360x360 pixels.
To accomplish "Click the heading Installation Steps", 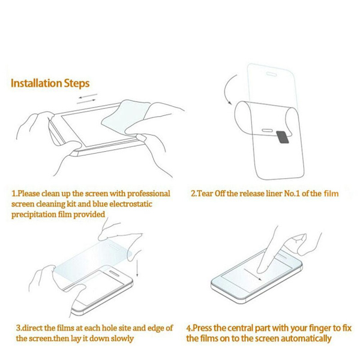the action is [50, 83].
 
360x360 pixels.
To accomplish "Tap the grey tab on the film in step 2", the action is [282, 137].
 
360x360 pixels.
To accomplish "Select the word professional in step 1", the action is [149, 194].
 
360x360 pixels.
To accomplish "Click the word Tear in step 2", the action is [205, 194].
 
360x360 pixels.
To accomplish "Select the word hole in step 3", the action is [110, 328].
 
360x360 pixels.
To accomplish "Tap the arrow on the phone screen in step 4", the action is [253, 274].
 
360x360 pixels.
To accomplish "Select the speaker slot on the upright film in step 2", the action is [271, 74].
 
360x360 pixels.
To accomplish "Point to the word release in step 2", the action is [251, 194].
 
